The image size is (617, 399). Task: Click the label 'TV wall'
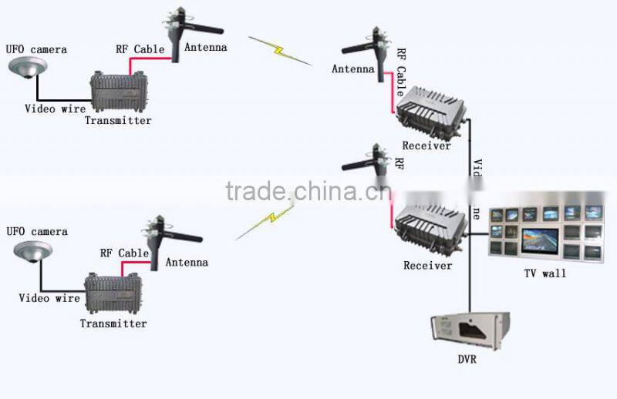(544, 273)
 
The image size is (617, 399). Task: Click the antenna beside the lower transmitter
(159, 239)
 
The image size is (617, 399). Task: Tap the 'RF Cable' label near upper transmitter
(140, 49)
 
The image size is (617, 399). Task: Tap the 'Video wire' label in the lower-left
(49, 298)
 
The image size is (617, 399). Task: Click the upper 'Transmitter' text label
(118, 120)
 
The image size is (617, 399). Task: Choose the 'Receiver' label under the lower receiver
(427, 266)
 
